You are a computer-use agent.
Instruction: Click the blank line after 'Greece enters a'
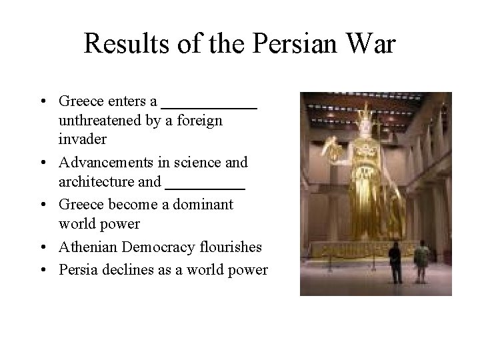click(209, 107)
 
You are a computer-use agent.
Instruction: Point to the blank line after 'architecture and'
click(205, 186)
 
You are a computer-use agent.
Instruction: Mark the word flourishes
click(231, 247)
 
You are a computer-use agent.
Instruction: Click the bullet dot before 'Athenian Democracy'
click(42, 248)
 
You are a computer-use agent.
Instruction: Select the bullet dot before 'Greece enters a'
click(42, 102)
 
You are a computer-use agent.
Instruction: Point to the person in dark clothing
click(395, 256)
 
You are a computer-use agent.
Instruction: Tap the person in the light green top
click(421, 257)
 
